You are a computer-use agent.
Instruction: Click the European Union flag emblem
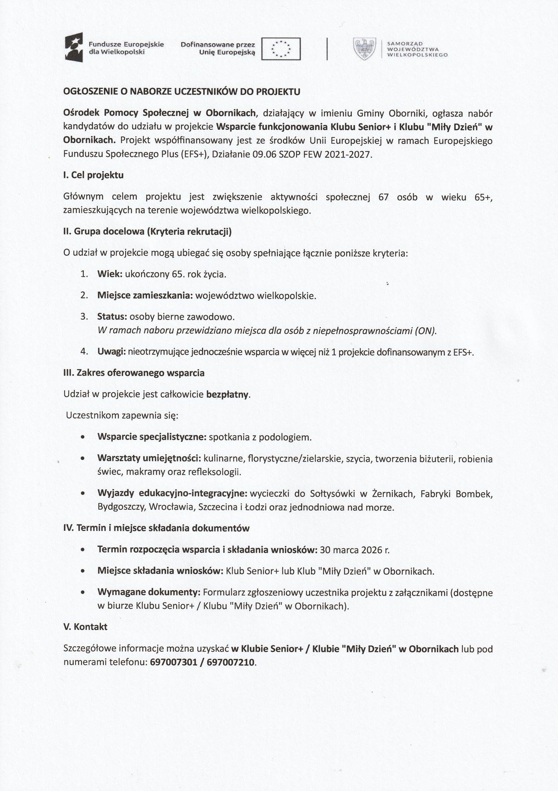[281, 49]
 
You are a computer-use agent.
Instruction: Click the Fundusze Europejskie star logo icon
[74, 48]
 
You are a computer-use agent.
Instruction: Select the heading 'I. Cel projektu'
[93, 175]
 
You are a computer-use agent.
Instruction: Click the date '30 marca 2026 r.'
[355, 550]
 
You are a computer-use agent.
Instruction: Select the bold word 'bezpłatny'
[228, 395]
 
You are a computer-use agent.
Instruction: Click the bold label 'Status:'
[112, 317]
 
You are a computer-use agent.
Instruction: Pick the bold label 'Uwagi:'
[112, 352]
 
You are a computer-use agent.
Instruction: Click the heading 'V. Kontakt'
[85, 627]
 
